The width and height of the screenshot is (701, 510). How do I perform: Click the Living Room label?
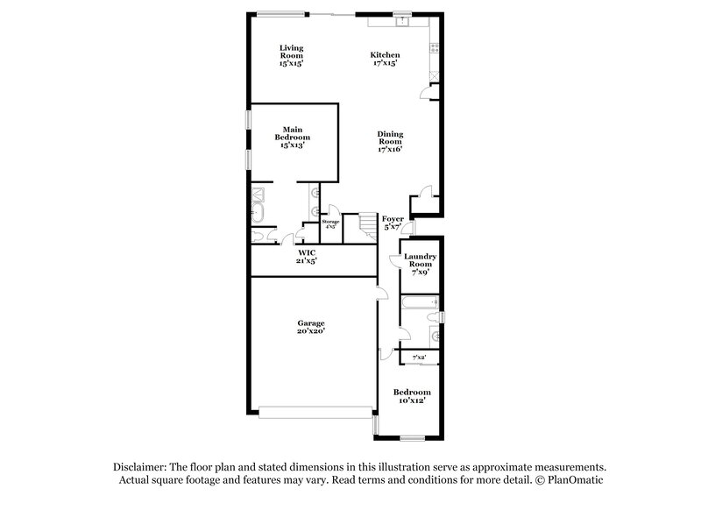[x=291, y=55]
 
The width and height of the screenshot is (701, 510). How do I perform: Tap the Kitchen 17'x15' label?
[x=385, y=59]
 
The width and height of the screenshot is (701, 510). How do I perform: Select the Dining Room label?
[x=390, y=142]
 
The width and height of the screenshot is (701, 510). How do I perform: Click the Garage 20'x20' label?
[x=311, y=327]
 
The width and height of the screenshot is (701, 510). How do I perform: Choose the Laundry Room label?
[x=420, y=264]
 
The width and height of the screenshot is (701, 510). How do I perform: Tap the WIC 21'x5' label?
[x=306, y=256]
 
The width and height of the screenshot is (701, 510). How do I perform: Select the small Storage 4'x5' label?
[x=330, y=224]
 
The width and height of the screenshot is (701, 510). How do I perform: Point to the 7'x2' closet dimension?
[x=420, y=358]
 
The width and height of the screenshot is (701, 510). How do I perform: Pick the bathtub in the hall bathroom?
[x=419, y=304]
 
